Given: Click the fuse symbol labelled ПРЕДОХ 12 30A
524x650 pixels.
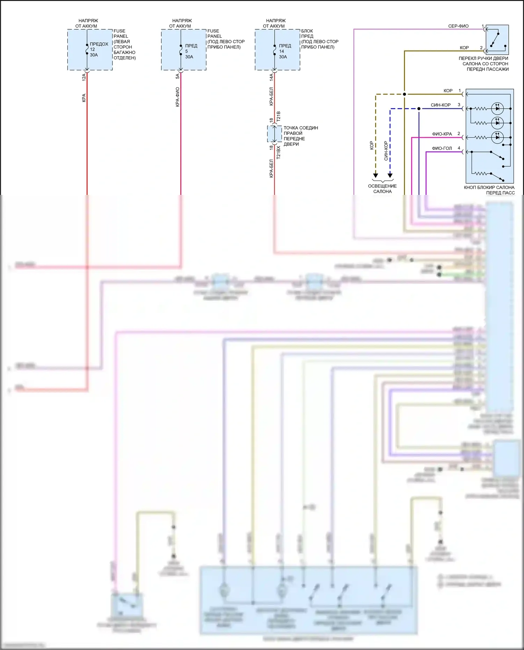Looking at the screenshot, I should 87,49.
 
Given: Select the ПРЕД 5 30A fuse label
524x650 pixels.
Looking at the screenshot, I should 191,51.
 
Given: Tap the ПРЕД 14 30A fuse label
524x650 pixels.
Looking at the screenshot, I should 285,51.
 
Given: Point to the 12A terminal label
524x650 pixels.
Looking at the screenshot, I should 84,77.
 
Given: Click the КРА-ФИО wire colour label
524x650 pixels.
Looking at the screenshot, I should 177,97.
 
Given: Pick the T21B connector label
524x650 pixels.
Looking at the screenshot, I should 278,116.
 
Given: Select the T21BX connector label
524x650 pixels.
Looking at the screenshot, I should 278,152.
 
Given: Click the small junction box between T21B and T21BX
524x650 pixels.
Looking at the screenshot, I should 274,134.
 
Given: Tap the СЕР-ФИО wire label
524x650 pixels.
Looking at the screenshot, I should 458,26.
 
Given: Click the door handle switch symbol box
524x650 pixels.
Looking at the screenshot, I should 497,39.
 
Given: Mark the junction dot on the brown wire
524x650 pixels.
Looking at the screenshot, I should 405,94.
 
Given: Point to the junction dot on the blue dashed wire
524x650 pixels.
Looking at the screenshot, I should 419,109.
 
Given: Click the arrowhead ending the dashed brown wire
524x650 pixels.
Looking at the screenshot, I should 376,175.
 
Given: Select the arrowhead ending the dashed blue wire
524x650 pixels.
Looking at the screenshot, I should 390,175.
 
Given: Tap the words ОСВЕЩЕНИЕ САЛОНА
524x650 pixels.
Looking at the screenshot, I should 382,189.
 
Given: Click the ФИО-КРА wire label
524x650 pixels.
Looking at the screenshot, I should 442,134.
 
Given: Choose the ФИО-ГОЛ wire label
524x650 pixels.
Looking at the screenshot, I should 442,148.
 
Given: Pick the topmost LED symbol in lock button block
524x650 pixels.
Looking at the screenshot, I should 497,109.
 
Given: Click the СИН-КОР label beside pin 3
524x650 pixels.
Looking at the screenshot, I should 441,105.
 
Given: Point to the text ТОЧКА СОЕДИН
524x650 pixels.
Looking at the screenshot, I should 300,128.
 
